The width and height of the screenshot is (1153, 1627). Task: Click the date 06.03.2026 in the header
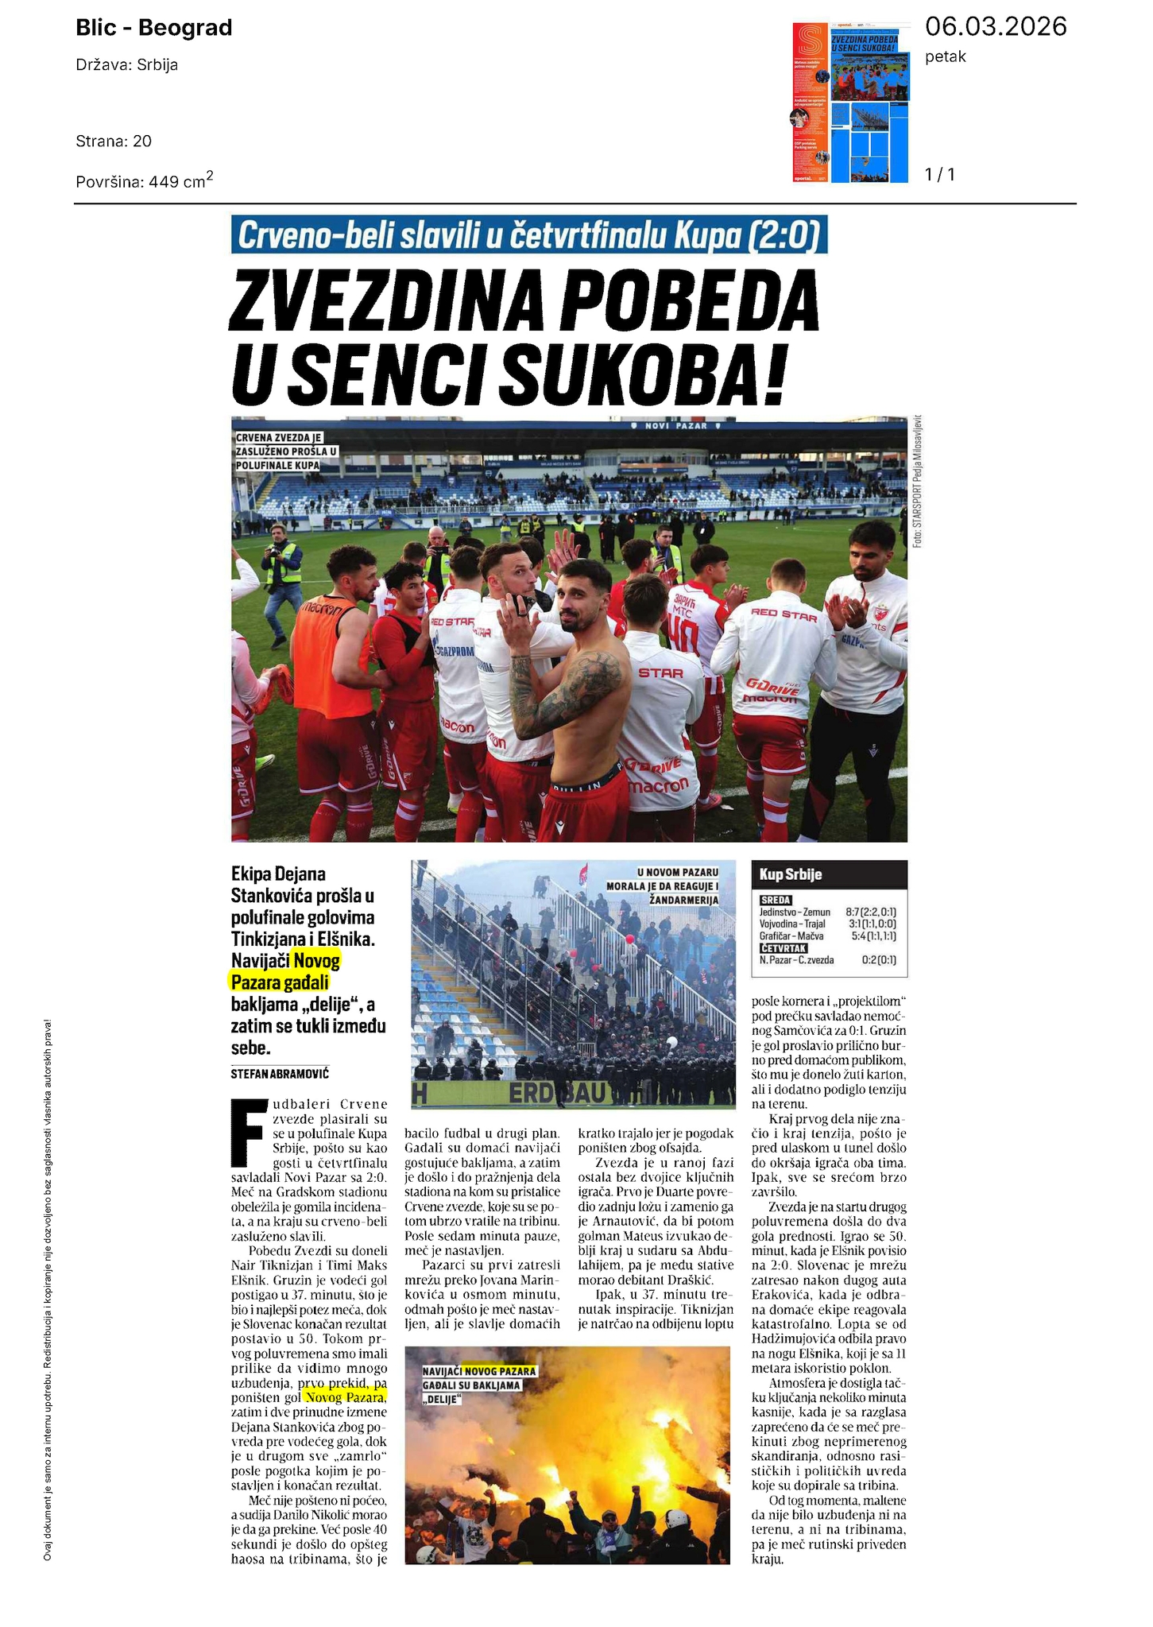996,27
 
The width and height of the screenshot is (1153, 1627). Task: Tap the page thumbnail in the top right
850,103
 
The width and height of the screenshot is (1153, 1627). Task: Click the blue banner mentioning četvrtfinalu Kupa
528,235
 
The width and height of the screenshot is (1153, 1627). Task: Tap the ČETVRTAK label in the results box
783,948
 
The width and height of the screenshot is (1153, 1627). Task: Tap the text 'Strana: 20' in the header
114,141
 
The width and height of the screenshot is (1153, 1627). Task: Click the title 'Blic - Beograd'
154,28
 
